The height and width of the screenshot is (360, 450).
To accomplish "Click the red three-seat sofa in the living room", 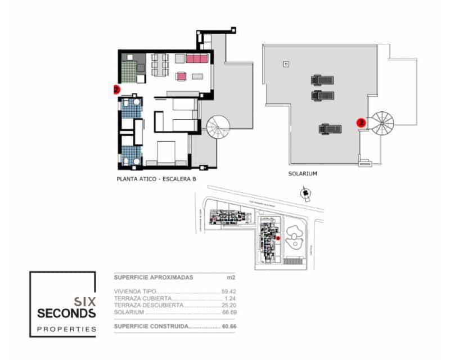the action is [x=197, y=58].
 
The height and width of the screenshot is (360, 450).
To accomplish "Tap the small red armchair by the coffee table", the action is [x=182, y=76].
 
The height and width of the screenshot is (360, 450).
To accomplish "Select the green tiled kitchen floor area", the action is [x=130, y=71].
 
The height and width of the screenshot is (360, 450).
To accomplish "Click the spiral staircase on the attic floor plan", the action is [x=218, y=128].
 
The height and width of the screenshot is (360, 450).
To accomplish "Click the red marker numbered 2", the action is [x=116, y=89].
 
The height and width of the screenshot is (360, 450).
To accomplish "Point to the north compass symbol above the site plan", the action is [x=305, y=195].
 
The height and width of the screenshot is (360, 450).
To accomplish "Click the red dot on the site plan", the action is [x=278, y=238].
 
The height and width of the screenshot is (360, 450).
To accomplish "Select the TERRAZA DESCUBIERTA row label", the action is [x=148, y=305].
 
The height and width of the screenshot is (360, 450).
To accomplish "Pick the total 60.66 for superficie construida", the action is [x=227, y=326].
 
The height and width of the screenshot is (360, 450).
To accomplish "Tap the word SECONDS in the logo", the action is [x=66, y=312].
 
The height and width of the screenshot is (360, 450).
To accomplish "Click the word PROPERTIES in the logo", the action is [x=66, y=330].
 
